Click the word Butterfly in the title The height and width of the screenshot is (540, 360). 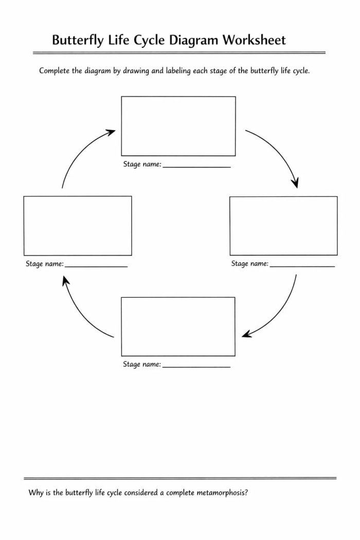click(x=78, y=40)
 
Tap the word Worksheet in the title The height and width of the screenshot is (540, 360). click(x=254, y=40)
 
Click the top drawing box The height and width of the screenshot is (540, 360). click(x=178, y=126)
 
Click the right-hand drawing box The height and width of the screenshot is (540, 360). click(x=283, y=226)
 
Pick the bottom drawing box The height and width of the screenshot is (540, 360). click(x=178, y=327)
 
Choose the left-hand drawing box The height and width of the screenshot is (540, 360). click(x=78, y=226)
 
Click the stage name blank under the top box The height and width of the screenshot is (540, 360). click(x=196, y=166)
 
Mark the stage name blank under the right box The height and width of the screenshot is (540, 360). click(x=302, y=265)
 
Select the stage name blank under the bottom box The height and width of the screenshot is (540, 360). click(x=196, y=366)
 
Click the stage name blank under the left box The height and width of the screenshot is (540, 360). click(x=96, y=265)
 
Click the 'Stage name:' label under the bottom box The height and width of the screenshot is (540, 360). click(x=141, y=365)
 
